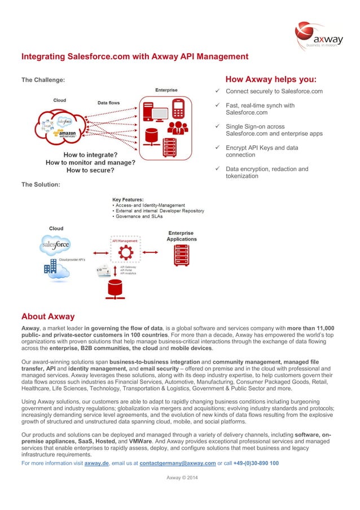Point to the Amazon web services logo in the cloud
[64, 134]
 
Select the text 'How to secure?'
[90, 170]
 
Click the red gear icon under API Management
[125, 251]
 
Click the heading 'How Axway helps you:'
[271, 79]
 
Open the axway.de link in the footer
[96, 463]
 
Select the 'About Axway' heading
[48, 316]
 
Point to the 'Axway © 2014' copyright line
[182, 478]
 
